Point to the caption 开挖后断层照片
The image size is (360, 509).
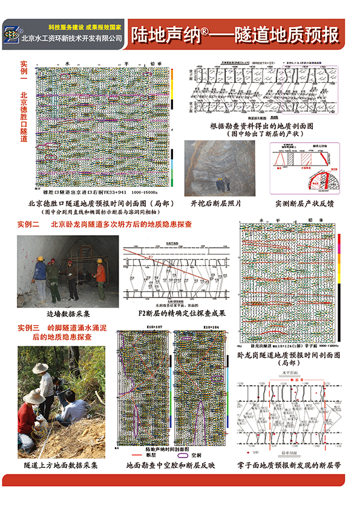(216, 204)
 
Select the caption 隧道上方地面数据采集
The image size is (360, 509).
(61, 466)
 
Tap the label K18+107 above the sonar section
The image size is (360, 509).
(139, 326)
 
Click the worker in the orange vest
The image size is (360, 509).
(100, 275)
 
